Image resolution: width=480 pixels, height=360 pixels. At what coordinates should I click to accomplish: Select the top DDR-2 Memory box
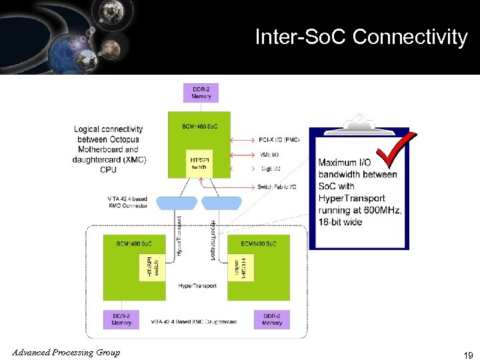201,93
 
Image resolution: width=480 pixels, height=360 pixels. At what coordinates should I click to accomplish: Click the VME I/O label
269,155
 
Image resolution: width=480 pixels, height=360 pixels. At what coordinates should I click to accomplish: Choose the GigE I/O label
269,170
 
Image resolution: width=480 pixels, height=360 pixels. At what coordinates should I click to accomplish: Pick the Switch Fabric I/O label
277,187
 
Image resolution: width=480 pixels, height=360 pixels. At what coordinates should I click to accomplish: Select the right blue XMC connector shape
221,203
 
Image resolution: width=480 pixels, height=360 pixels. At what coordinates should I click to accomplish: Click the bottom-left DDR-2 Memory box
121,319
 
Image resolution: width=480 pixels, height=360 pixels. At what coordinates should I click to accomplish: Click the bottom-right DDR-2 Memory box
271,319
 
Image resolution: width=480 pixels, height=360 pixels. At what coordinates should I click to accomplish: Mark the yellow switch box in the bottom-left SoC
152,267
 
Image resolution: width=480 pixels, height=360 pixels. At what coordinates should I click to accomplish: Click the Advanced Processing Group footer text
65,352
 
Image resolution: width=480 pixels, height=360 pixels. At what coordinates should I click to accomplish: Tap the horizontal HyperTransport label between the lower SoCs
197,285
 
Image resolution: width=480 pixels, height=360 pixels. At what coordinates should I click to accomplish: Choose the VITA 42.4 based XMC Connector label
127,202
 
